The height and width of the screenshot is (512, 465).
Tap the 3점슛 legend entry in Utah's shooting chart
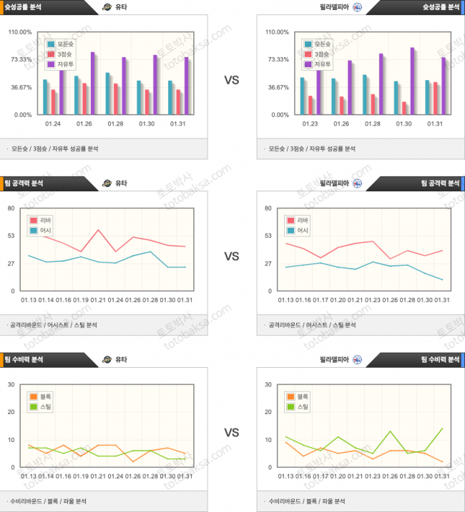[x=64, y=54]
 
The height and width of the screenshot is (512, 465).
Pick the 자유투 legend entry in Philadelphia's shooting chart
[x=322, y=64]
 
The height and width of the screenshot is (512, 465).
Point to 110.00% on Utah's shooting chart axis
[x=20, y=32]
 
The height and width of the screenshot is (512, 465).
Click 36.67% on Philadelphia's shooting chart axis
[x=278, y=87]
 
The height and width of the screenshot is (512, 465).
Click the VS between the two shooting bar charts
[x=232, y=80]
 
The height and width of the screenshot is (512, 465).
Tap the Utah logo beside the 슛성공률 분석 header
[x=107, y=7]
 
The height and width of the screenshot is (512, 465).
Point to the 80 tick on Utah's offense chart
[x=11, y=209]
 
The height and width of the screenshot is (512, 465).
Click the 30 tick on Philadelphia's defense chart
[x=268, y=385]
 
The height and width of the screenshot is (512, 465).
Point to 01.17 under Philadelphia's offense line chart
[x=320, y=300]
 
